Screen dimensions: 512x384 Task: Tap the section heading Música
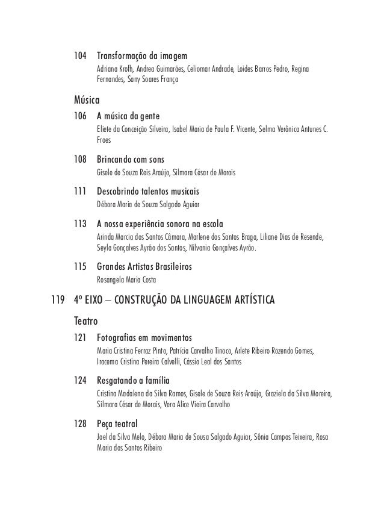(86, 99)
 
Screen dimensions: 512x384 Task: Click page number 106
(80, 116)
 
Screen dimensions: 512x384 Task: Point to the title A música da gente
(128, 116)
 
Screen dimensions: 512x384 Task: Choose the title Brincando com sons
(133, 161)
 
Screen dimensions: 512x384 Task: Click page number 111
(80, 192)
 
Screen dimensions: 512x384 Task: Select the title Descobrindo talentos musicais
(148, 192)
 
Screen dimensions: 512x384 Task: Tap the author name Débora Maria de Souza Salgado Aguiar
(157, 205)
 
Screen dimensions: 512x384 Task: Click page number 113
(80, 223)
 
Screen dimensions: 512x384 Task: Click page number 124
(80, 381)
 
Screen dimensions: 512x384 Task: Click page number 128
(80, 425)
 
